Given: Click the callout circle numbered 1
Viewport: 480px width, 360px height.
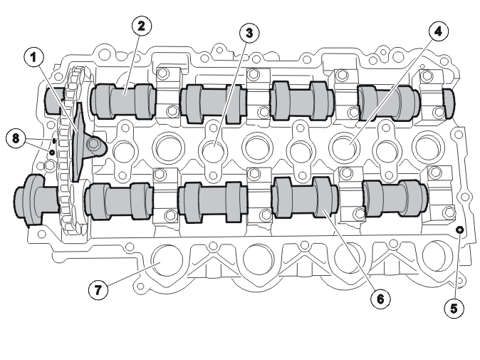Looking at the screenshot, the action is coord(34,57).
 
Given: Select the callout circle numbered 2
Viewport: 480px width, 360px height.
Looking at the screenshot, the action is coord(142,26).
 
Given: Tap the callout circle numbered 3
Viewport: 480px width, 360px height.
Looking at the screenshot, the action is coord(249,33).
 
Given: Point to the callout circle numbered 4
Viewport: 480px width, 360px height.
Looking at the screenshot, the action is coord(439,31).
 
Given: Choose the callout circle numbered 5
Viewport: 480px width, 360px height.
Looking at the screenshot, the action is coord(454,308).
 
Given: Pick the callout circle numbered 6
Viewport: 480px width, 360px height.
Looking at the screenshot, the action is coord(380,299).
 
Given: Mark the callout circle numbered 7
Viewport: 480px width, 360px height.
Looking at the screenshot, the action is coord(98,289).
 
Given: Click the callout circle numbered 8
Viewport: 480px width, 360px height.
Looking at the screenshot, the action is coord(16,138).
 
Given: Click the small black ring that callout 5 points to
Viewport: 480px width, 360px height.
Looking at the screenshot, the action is coord(460,230).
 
